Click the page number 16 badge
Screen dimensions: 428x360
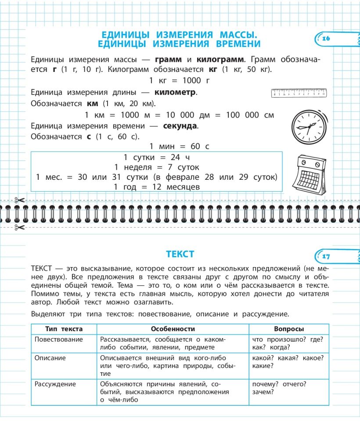(326, 39)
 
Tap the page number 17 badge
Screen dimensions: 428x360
(326, 256)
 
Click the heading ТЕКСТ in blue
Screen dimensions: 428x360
(180, 254)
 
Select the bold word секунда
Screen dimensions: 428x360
(180, 126)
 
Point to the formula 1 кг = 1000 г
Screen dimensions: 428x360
(180, 80)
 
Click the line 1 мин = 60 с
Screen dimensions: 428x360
(180, 146)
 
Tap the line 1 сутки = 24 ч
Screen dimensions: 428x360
(156, 157)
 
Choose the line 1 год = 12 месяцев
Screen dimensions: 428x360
(157, 187)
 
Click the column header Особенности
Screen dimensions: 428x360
(173, 329)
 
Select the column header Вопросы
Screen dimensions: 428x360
(289, 329)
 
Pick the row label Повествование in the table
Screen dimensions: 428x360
(58, 339)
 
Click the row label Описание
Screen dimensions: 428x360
(50, 358)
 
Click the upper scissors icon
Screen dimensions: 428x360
(20, 200)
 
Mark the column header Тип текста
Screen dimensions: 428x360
(64, 329)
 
